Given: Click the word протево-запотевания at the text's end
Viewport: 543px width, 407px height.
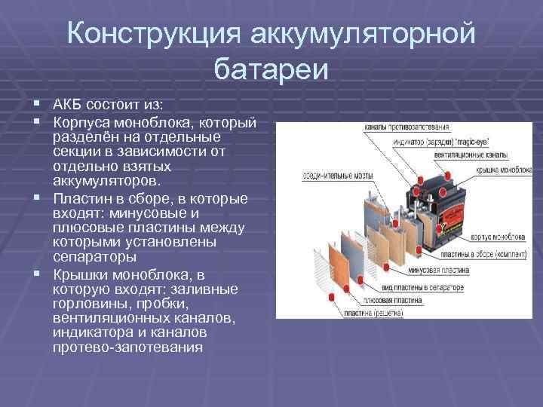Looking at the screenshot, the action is [x=128, y=347].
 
